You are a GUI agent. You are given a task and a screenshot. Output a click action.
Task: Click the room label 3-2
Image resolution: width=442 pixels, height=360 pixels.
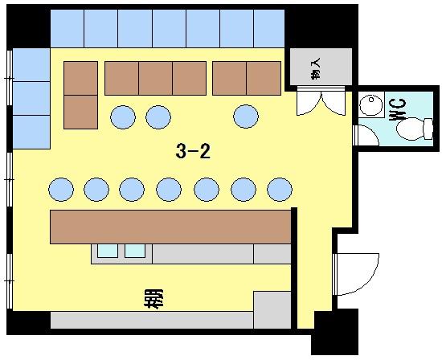pyautogui.click(x=193, y=151)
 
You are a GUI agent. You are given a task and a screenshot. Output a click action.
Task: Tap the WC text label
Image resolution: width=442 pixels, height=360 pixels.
pyautogui.click(x=398, y=109)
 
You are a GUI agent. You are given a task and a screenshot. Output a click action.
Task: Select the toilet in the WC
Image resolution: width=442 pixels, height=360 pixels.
pyautogui.click(x=415, y=129)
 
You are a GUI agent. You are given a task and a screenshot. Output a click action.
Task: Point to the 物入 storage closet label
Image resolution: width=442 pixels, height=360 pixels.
pyautogui.click(x=317, y=68)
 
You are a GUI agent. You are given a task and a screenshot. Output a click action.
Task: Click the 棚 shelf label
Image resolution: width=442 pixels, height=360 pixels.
pyautogui.click(x=153, y=299)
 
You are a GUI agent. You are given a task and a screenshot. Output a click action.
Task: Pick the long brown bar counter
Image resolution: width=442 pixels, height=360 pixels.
pyautogui.click(x=170, y=227)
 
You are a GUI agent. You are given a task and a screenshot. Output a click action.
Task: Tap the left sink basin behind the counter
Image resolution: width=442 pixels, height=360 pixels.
pyautogui.click(x=108, y=251)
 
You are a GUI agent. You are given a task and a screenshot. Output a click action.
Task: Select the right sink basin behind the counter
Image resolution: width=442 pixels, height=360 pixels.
pyautogui.click(x=135, y=251)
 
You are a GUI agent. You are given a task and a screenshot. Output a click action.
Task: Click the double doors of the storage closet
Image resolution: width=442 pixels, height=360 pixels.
pyautogui.click(x=321, y=101)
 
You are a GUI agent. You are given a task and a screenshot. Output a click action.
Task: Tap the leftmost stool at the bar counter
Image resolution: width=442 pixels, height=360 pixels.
pyautogui.click(x=61, y=190)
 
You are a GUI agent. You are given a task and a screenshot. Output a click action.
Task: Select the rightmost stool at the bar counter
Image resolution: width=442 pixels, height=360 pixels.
pyautogui.click(x=280, y=190)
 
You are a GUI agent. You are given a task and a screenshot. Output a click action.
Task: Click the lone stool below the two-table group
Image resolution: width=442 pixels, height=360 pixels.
pyautogui.click(x=246, y=117)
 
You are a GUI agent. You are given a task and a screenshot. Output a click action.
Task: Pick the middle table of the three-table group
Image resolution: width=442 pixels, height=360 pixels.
pyautogui.click(x=155, y=78)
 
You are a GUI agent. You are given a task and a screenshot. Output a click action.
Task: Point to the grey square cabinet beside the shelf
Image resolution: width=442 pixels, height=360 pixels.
pyautogui.click(x=272, y=310)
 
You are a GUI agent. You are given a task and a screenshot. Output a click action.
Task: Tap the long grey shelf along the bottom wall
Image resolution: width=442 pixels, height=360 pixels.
pyautogui.click(x=152, y=320)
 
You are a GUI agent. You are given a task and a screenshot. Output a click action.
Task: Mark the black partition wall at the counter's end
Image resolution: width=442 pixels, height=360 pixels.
pyautogui.click(x=294, y=268)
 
